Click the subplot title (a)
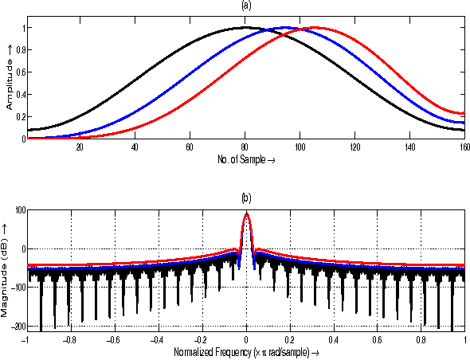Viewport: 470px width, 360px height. [246, 6]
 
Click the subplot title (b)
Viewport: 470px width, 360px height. [246, 197]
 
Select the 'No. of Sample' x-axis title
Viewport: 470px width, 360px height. [246, 158]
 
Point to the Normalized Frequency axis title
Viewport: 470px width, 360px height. [246, 350]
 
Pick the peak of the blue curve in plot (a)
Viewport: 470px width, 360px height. [285, 28]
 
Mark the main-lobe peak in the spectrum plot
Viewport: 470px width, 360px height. [246, 213]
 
